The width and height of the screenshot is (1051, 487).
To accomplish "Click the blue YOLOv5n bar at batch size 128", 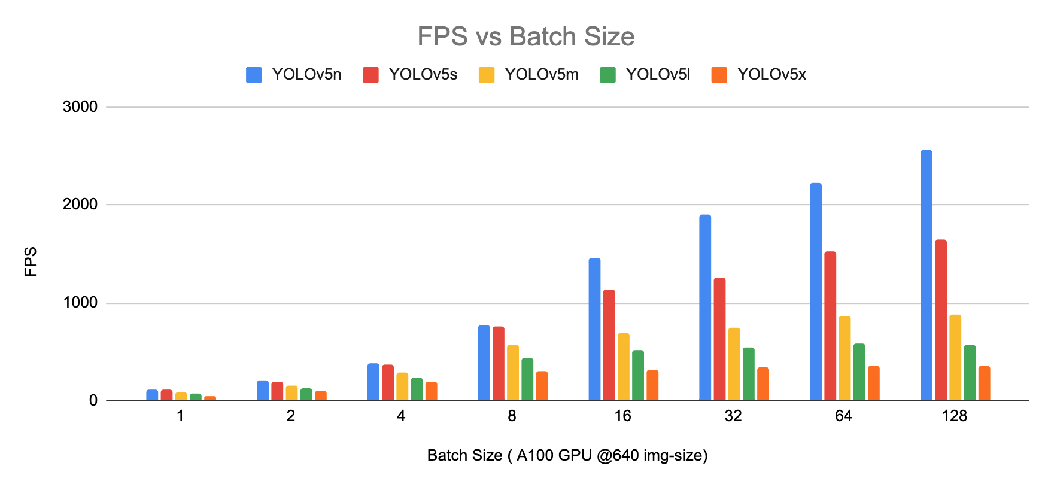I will coord(926,275).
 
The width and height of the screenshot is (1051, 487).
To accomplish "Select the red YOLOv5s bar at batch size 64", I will coord(830,326).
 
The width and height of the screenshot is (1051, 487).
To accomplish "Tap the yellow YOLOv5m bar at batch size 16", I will coord(623,367).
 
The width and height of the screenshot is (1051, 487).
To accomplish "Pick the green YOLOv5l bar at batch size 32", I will coord(748,374).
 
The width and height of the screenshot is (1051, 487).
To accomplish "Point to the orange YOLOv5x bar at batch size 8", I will coord(542,386).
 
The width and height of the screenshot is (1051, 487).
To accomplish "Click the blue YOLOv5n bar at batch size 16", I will coord(594,329).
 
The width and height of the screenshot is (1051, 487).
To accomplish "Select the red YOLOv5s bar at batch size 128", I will coord(940,320).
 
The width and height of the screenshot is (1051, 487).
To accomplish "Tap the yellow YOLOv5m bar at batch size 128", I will coord(955,358).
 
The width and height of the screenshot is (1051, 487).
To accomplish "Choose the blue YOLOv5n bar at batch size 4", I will coord(373,382).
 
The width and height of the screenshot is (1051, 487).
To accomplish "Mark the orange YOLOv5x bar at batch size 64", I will coord(873,383).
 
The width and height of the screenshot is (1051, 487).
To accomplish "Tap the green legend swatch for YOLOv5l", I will coord(607,75).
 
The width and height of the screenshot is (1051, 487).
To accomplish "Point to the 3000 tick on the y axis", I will coord(80,107).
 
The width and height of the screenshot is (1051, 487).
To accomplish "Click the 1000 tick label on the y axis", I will coord(80,303).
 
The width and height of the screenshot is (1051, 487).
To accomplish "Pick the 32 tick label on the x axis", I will coord(733,416).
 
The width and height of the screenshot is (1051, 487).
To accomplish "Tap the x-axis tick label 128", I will coord(954,416).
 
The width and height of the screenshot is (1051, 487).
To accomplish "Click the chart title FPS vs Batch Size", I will coord(525,36).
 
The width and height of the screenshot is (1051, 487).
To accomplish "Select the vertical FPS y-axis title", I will coord(31,261).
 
